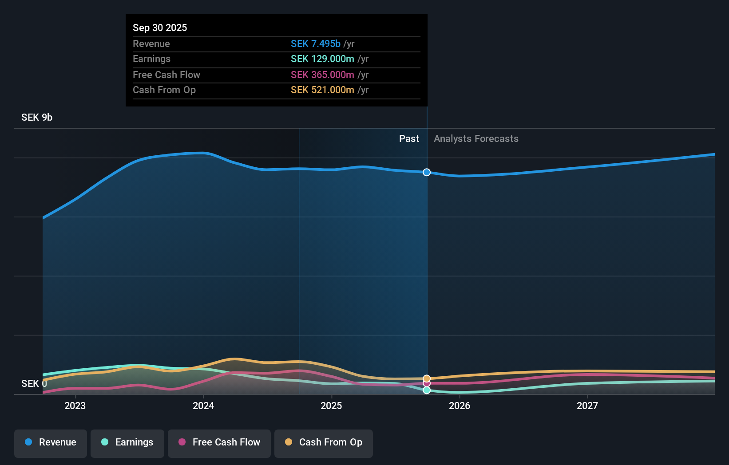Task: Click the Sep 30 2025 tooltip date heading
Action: (160, 28)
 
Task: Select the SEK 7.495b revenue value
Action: (315, 43)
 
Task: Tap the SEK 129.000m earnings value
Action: (322, 59)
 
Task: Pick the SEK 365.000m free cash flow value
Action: (322, 75)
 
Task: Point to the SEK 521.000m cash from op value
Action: (322, 90)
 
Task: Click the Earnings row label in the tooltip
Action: (151, 59)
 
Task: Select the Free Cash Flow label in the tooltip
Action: (166, 75)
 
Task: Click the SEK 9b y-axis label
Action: (37, 117)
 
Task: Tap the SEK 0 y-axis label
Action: (34, 383)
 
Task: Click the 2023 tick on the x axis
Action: (75, 406)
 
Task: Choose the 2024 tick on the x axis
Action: (203, 406)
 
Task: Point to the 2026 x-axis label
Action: (460, 406)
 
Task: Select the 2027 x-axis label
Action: (587, 406)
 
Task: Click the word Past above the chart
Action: (409, 138)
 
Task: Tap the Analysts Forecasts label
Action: (476, 138)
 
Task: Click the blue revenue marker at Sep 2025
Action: (427, 172)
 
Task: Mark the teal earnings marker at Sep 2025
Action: (427, 390)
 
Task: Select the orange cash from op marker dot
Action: (427, 378)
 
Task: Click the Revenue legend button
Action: (51, 442)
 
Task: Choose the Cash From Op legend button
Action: (324, 442)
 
